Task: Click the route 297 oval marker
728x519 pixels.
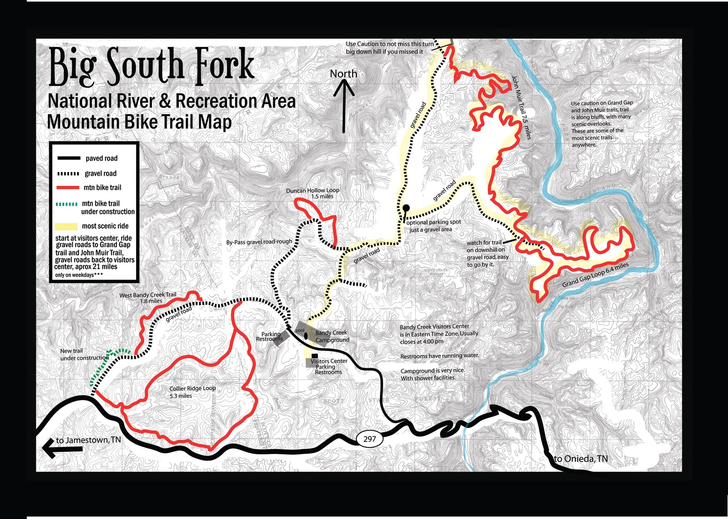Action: (369, 439)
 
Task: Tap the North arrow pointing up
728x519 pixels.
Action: (344, 107)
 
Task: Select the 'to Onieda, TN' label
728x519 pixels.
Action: (581, 458)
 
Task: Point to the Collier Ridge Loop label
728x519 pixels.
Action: (192, 392)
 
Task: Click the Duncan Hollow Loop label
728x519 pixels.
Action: (313, 193)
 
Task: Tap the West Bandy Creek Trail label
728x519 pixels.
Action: (148, 298)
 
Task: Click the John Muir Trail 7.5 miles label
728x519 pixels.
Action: (521, 107)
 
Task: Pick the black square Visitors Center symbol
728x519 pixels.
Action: (315, 356)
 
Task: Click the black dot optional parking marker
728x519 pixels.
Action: (406, 208)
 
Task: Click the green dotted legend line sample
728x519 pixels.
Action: (66, 204)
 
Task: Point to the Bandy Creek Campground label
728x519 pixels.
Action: (332, 336)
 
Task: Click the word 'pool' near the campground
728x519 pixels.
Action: (300, 331)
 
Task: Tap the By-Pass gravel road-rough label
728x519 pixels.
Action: (259, 242)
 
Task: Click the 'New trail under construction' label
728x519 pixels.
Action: (84, 354)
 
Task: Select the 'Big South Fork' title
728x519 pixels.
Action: (151, 67)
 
